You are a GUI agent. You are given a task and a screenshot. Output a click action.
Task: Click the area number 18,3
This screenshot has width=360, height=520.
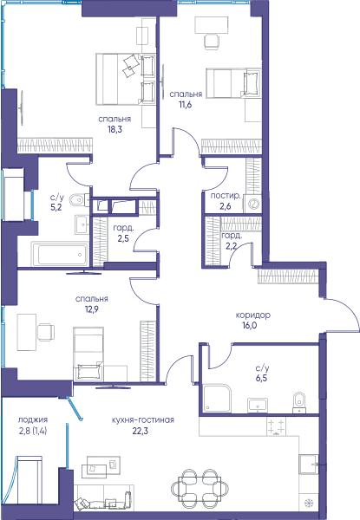tap(115, 129)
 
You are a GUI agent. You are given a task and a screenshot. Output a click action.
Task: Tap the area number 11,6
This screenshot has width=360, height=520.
tap(186, 105)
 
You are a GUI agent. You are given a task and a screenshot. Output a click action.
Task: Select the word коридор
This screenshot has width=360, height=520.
tap(252, 315)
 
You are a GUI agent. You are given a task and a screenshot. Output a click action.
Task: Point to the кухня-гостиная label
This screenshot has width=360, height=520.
tap(143, 419)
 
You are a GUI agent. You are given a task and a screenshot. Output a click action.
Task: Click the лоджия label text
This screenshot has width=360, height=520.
tap(33, 419)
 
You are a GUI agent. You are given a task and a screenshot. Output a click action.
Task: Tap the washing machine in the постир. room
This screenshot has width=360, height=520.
tap(252, 204)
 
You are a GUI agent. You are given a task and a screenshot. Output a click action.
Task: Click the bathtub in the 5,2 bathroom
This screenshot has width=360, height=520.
tap(60, 254)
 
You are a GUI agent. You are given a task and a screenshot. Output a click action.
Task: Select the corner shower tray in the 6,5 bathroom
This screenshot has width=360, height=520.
tap(217, 398)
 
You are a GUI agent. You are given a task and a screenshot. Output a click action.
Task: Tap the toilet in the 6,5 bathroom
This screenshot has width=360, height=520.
tap(300, 403)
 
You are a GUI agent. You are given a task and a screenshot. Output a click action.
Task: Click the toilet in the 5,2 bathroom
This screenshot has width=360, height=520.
tap(79, 200)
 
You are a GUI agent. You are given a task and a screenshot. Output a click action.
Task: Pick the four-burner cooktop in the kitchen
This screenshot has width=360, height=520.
tap(276, 426)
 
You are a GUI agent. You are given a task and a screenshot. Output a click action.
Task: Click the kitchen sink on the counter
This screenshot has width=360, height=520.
tap(308, 465)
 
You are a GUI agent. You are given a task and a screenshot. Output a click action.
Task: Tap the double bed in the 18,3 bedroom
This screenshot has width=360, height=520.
tap(126, 79)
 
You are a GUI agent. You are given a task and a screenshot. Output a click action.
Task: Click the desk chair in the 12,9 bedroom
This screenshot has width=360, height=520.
tap(46, 332)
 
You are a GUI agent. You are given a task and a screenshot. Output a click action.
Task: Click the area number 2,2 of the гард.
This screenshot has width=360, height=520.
tap(232, 246)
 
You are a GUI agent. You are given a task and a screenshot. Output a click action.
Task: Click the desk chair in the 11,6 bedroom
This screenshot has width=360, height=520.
tap(212, 42)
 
